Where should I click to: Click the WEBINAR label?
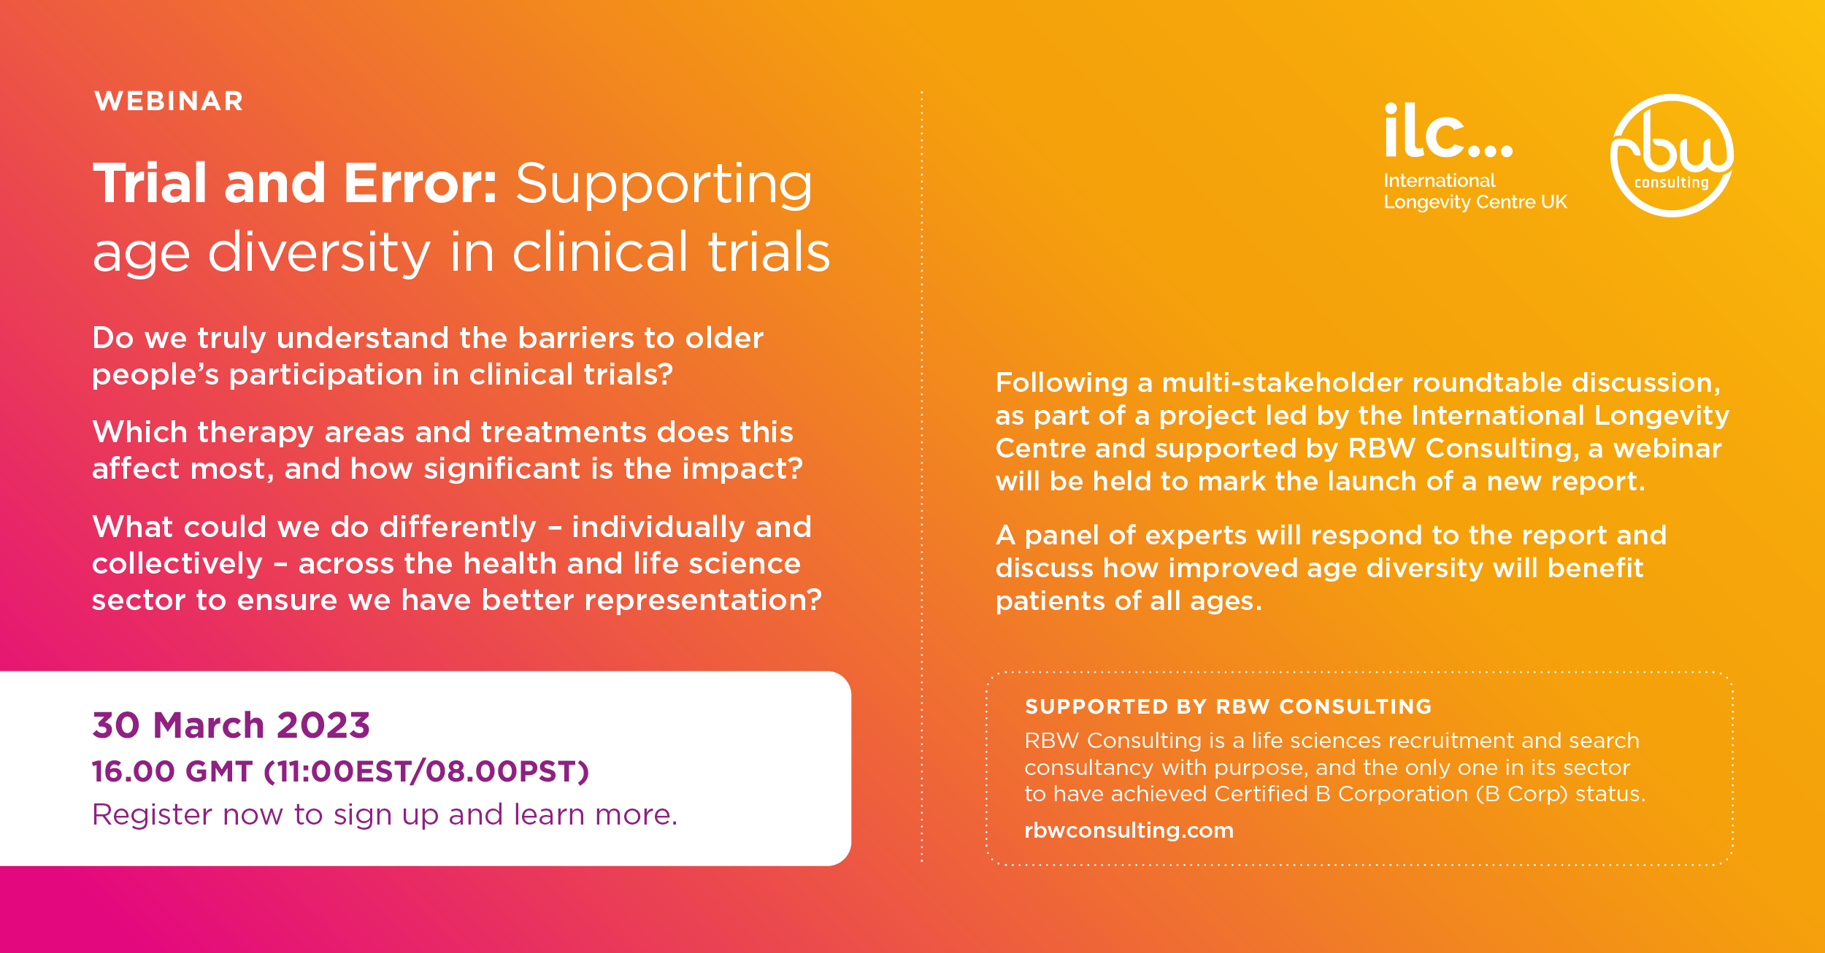[x=169, y=101]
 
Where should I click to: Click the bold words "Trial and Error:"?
[x=296, y=183]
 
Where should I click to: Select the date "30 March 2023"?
[x=231, y=725]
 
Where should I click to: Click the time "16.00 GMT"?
[x=172, y=771]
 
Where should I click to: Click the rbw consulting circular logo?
[x=1672, y=155]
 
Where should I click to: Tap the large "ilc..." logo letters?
[x=1448, y=131]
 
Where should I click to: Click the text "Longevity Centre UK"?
[x=1475, y=202]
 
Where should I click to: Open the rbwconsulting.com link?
[x=1129, y=830]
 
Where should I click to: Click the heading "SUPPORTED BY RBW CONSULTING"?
[x=1228, y=706]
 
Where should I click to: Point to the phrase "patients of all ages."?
[x=1129, y=602]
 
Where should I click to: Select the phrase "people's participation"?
[x=257, y=376]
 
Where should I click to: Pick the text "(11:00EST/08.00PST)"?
[x=426, y=772]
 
